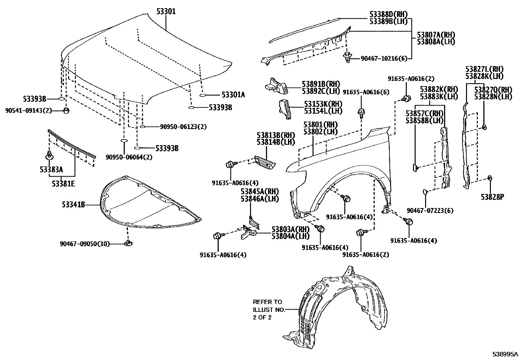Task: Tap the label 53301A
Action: pos(233,95)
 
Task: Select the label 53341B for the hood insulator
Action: pos(73,205)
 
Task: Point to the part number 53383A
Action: pos(52,170)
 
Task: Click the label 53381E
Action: pos(63,184)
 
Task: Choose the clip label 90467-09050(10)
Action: pos(85,244)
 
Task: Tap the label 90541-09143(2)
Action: pos(29,110)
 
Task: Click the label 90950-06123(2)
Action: pos(183,126)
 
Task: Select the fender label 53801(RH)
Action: pos(321,125)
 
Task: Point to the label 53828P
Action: pos(492,197)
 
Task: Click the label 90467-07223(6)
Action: pos(430,210)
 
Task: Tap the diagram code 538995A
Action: pos(506,354)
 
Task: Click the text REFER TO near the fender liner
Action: pos(267,302)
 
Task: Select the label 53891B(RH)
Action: pos(316,84)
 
